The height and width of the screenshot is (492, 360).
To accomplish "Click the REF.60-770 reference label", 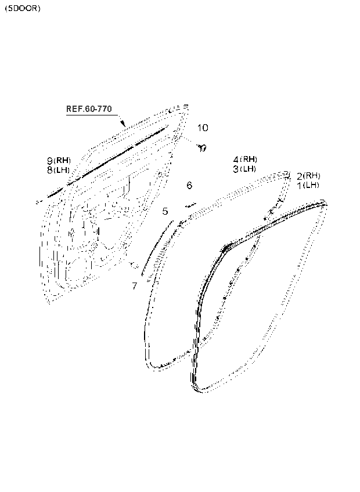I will point(88,109).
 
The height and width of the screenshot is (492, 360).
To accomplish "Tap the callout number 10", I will point(201,128).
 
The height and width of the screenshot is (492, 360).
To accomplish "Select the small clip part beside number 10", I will point(201,148).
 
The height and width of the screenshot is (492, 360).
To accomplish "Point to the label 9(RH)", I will point(59,161).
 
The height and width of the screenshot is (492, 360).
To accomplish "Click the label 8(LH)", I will point(59,170).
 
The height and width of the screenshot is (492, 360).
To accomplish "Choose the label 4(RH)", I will point(244,160).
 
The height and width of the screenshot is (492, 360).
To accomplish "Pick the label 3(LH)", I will point(244,169).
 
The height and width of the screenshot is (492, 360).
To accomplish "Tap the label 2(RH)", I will point(308,176).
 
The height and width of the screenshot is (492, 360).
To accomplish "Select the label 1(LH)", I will point(308,185).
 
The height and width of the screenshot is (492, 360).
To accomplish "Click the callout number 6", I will point(189,186).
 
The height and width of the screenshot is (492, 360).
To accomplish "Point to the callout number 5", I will point(165,211).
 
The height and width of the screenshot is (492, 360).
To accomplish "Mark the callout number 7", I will point(134,285).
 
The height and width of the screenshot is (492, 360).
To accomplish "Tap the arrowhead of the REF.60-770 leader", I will point(124,125).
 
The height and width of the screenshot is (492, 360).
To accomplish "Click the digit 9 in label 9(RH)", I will point(51,161).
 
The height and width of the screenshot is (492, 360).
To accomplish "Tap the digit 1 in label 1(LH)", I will point(299,185).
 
